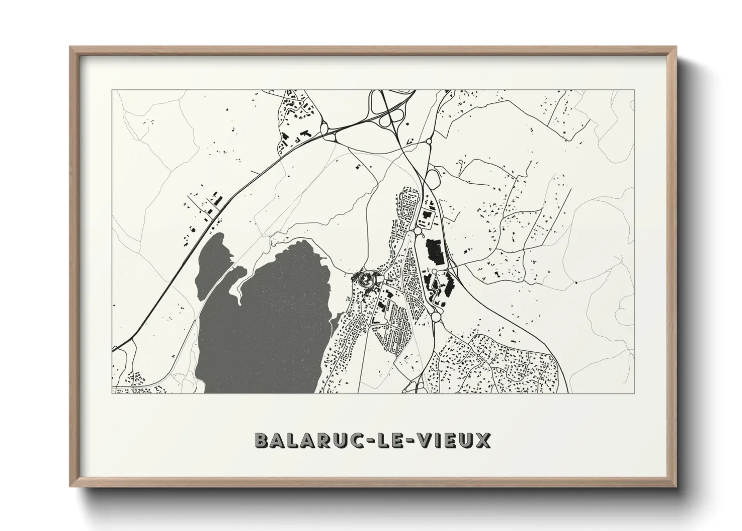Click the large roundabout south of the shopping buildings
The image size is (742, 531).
click(x=434, y=317)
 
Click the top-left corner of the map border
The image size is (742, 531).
click(x=112, y=90)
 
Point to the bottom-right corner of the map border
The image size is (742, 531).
click(x=635, y=393)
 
